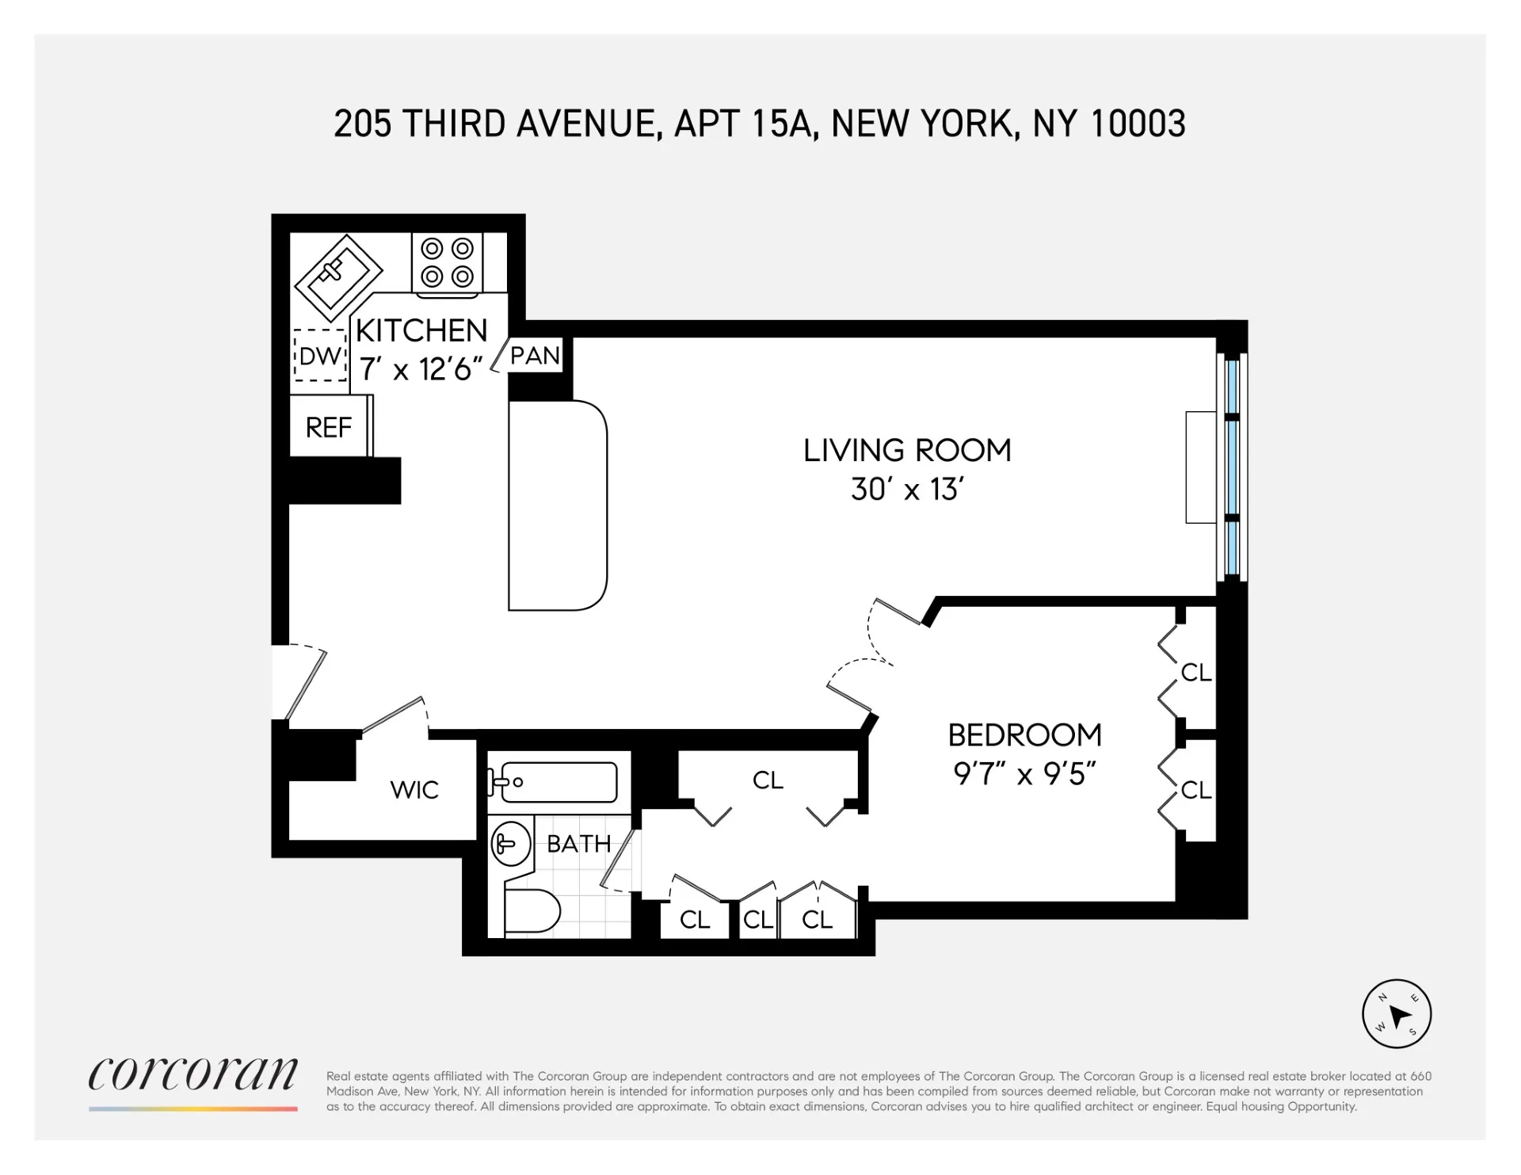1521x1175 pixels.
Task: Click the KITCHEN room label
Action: tap(421, 330)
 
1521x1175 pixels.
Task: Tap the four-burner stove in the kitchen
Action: tap(447, 263)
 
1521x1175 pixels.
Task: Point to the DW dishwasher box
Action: tap(321, 356)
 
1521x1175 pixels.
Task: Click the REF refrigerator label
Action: tap(329, 428)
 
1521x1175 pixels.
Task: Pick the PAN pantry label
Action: tap(535, 356)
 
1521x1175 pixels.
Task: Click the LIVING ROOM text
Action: tap(907, 450)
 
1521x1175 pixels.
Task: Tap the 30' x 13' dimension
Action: tap(907, 490)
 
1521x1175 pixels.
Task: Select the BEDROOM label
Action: tap(1024, 735)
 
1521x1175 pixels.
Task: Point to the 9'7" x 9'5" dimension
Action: tap(1024, 774)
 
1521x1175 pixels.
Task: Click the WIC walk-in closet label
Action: tap(414, 790)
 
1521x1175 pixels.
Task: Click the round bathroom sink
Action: tap(510, 843)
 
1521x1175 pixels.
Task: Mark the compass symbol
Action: tap(1397, 1014)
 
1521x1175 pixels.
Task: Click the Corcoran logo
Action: tap(193, 1076)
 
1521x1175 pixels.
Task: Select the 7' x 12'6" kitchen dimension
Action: tap(421, 369)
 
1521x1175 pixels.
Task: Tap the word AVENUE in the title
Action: tap(589, 124)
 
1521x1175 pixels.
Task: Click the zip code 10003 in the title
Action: tap(1138, 124)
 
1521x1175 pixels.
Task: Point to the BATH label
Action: tap(579, 844)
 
